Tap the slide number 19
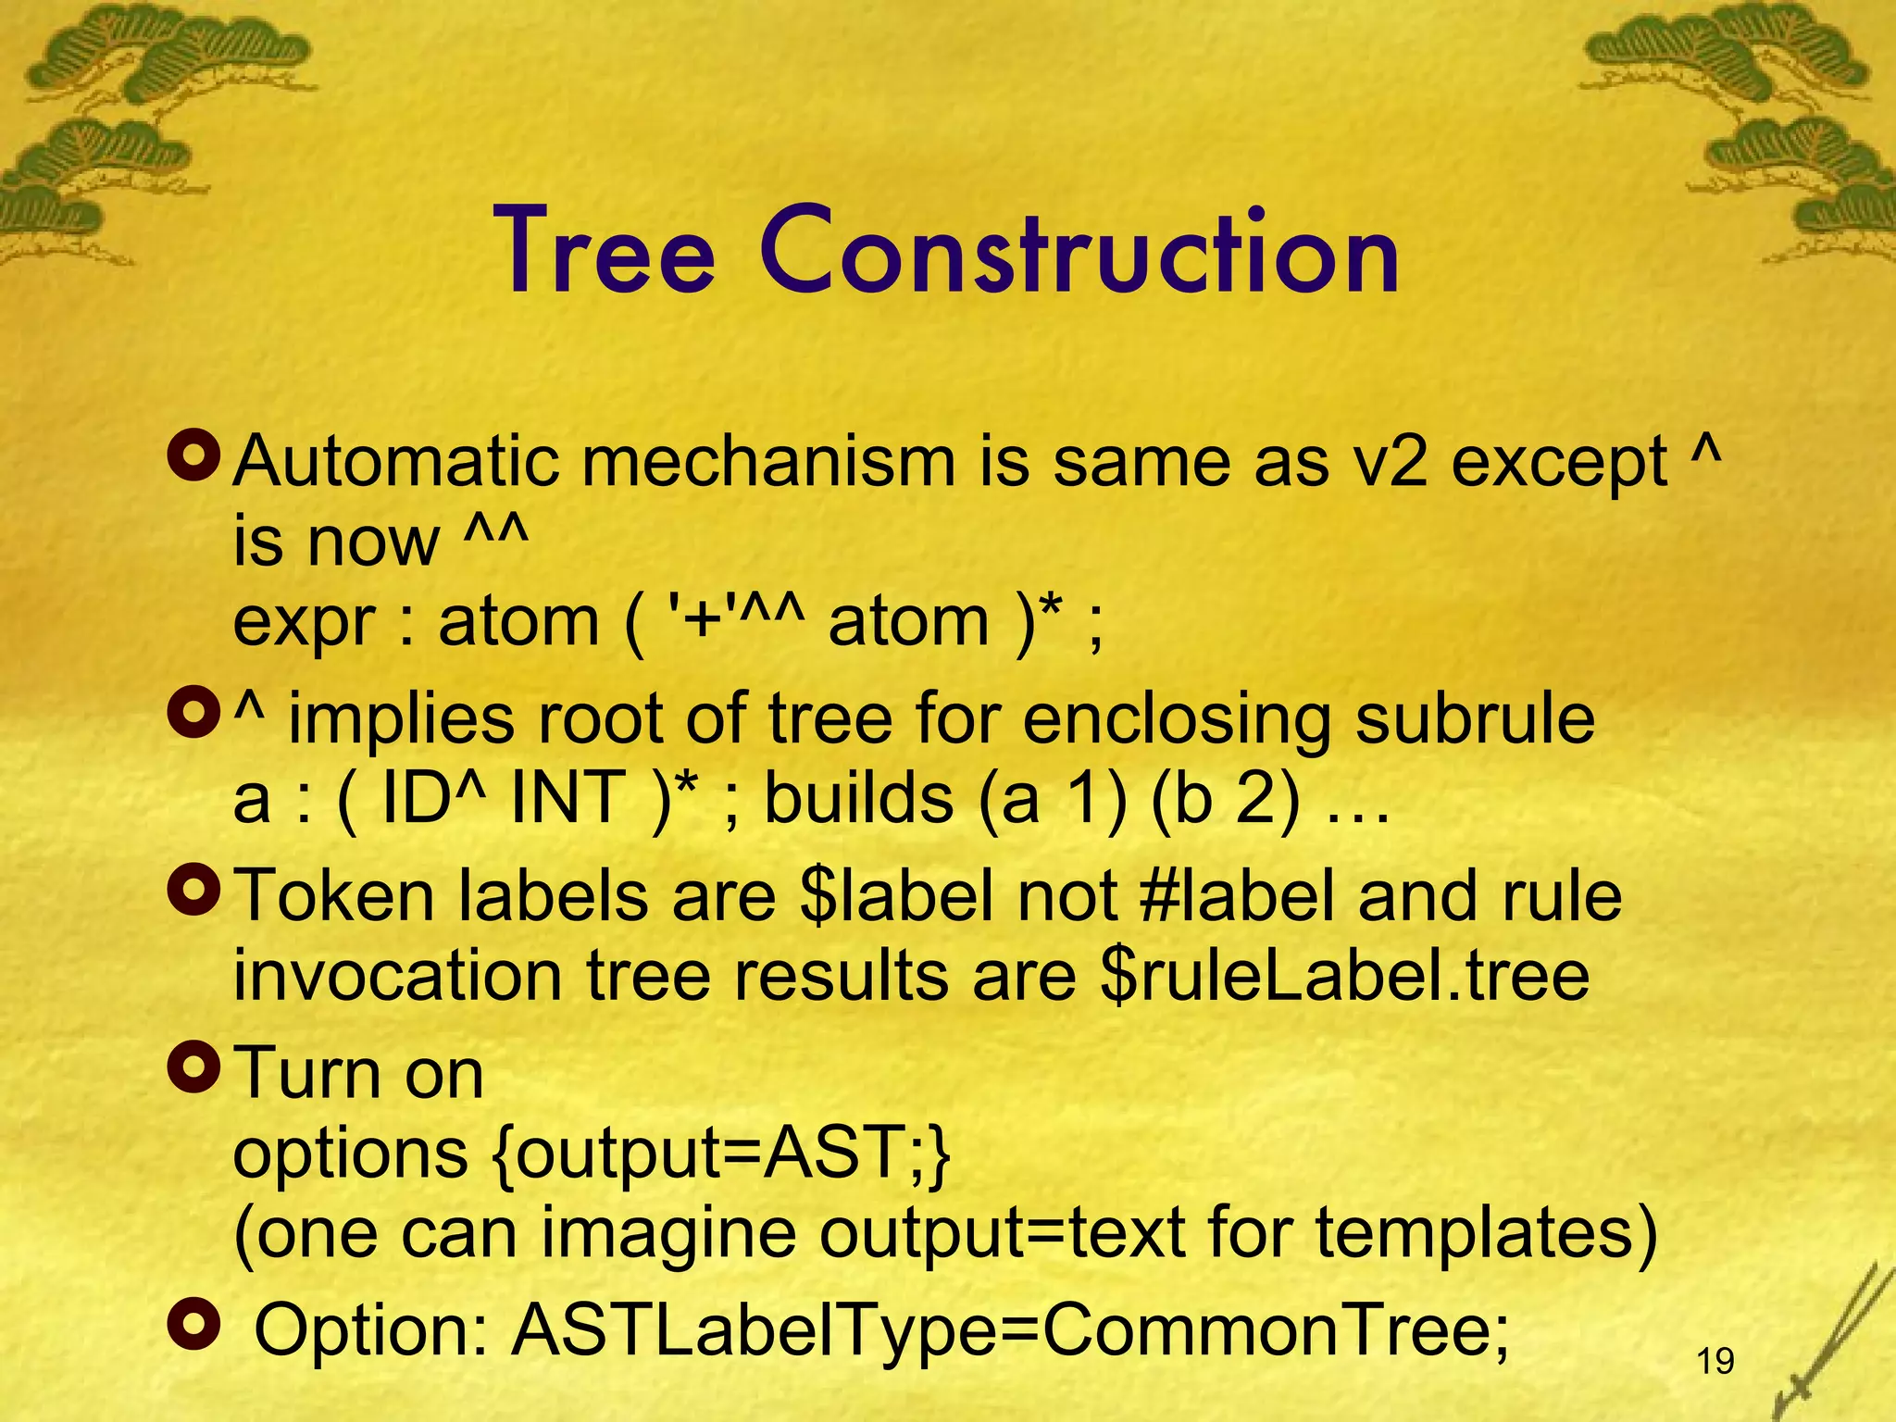coord(1715,1361)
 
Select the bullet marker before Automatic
coord(193,453)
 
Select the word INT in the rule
coord(568,798)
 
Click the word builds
coord(858,798)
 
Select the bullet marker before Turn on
coord(193,1066)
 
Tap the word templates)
coord(1486,1234)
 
